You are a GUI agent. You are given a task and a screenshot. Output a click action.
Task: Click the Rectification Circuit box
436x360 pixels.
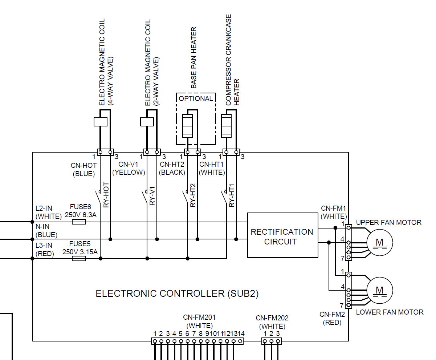pyautogui.click(x=282, y=235)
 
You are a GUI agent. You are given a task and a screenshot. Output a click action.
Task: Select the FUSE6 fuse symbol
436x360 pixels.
pyautogui.click(x=79, y=222)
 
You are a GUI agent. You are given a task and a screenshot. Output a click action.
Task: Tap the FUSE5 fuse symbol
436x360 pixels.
pyautogui.click(x=79, y=259)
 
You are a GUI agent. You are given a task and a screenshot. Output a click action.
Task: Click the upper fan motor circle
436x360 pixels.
pyautogui.click(x=379, y=242)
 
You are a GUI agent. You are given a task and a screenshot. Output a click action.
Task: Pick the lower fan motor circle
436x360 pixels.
pyautogui.click(x=379, y=290)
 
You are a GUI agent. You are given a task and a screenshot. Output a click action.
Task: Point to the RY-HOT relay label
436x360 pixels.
pyautogui.click(x=106, y=195)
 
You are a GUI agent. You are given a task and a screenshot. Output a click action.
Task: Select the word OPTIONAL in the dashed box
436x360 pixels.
pyautogui.click(x=196, y=98)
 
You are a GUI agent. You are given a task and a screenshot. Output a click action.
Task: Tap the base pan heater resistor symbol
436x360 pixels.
pyautogui.click(x=187, y=125)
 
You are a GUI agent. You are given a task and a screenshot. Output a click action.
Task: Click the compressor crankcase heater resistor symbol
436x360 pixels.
pyautogui.click(x=226, y=125)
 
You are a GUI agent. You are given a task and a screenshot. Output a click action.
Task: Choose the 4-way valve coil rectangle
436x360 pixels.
pyautogui.click(x=101, y=122)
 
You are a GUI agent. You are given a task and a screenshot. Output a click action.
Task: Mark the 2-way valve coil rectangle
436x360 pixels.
pyautogui.click(x=147, y=122)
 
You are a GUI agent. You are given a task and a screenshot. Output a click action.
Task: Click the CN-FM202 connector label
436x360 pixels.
pyautogui.click(x=272, y=318)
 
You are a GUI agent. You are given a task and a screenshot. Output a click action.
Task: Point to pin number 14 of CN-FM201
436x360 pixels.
pyautogui.click(x=241, y=333)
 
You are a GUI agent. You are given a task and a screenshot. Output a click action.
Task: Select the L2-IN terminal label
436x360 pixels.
pyautogui.click(x=44, y=209)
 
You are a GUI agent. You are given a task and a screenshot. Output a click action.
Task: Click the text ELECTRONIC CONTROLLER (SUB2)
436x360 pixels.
pyautogui.click(x=177, y=294)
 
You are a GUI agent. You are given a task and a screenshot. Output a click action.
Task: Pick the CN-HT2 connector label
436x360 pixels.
pyautogui.click(x=172, y=165)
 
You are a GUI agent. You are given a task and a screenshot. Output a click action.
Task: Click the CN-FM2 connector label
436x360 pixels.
pyautogui.click(x=330, y=314)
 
